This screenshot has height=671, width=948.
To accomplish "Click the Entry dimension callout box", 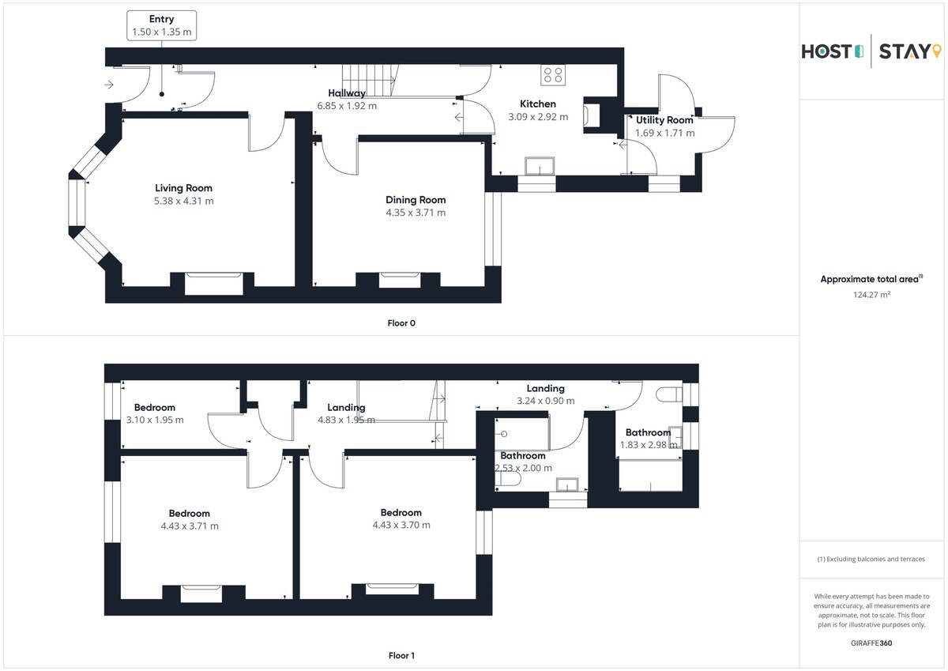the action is (161, 25).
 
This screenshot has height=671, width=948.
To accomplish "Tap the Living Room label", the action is (183, 188).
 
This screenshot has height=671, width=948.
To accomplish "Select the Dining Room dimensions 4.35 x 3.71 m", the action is (416, 213).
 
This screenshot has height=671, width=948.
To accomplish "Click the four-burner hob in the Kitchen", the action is (553, 75).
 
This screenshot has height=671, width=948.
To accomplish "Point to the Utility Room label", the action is (664, 120).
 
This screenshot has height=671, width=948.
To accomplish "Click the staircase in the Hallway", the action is (370, 81).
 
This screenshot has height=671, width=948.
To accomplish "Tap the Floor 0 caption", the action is (401, 323).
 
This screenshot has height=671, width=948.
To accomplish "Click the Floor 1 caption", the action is (401, 655).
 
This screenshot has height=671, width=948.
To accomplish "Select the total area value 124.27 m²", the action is (871, 295).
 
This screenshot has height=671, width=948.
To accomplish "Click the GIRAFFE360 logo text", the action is (871, 643).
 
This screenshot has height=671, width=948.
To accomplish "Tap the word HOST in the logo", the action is (826, 51).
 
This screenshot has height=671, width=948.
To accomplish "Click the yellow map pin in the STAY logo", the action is (937, 51).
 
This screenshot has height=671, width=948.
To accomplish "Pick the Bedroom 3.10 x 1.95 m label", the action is (155, 413).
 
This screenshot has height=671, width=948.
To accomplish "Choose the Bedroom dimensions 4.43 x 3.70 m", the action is (401, 525).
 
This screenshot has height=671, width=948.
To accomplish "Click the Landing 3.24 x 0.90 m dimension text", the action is (546, 401).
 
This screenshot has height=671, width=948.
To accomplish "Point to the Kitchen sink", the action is (540, 165).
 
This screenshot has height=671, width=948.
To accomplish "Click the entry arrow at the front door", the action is (109, 85).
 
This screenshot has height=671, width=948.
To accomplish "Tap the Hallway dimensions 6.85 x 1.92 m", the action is (347, 106).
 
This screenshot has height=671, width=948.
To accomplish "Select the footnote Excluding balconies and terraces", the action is (871, 559).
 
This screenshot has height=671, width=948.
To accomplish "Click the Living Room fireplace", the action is (214, 283).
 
